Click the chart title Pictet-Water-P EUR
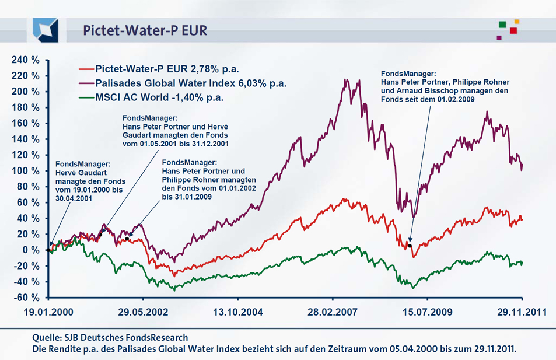145,30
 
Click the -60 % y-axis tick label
27,297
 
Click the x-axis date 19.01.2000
49,312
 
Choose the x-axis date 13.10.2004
238,312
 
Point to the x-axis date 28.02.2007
333,312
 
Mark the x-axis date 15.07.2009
426,312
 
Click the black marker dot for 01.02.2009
410,246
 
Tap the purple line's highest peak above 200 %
347,80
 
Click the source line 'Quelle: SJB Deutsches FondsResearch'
110,337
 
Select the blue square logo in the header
46,30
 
